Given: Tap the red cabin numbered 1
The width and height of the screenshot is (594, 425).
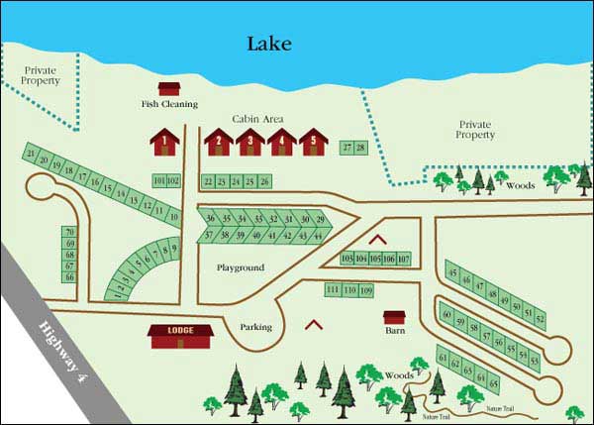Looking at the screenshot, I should [x=165, y=142].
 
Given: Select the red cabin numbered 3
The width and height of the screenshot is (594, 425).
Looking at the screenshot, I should [x=251, y=142].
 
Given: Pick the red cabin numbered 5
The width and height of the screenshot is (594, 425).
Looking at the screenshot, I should [x=313, y=142].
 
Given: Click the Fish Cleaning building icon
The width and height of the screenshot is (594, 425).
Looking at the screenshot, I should [x=169, y=89].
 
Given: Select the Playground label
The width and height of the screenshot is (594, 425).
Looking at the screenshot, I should [x=241, y=267].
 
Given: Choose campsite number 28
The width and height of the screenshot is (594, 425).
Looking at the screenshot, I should [x=360, y=148].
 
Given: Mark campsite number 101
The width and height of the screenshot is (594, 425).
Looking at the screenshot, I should [x=160, y=180].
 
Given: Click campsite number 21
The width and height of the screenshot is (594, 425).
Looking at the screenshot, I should [x=33, y=154].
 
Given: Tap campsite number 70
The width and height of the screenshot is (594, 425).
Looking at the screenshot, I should [x=69, y=232].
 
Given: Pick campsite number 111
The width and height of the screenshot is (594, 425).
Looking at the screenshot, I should [x=333, y=289].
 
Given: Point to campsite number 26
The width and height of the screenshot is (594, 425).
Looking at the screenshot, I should [x=264, y=181].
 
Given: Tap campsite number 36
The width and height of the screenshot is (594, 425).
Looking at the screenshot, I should [x=211, y=218].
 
